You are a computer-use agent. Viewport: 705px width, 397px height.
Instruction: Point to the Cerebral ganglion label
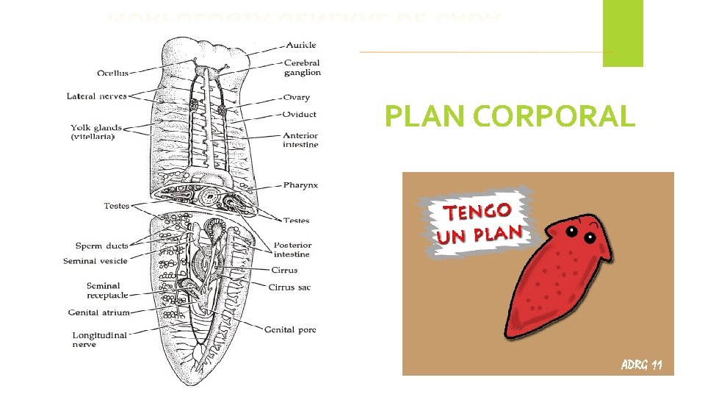point(302,68)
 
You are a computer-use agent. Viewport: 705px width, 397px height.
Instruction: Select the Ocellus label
point(112,73)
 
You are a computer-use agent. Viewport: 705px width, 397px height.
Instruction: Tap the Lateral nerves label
point(96,96)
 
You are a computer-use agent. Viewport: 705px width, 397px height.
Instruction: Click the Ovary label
point(296,97)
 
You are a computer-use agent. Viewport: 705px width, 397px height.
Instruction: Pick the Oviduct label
point(300,114)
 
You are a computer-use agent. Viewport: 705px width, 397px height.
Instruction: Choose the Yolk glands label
point(96,132)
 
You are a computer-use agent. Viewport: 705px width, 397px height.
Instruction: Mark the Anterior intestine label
point(300,140)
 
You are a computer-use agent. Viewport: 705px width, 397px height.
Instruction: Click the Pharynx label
point(300,185)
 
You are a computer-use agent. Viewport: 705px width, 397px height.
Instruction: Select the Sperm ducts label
point(101,246)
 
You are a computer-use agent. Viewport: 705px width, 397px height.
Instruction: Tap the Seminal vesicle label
point(95,261)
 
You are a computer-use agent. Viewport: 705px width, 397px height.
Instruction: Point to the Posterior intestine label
point(292,249)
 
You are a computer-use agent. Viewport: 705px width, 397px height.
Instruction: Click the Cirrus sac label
point(289,287)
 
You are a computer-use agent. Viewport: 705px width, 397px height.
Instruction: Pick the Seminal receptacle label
point(107,290)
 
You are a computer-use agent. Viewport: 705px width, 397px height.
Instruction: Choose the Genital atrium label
point(98,312)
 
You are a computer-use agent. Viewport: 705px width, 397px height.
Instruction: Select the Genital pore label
point(290,329)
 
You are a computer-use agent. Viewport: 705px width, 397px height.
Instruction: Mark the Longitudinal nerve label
point(99,340)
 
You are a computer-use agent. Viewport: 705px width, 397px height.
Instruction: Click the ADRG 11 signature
point(641,364)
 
